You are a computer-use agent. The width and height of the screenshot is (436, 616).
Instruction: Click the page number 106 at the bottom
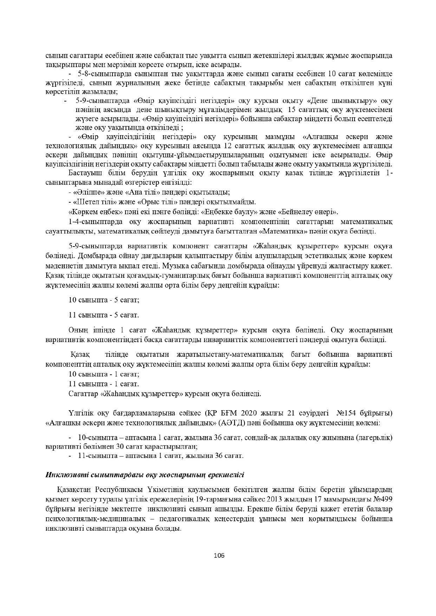coord(219,556)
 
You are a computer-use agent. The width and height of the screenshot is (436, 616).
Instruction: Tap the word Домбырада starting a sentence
coord(92,255)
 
